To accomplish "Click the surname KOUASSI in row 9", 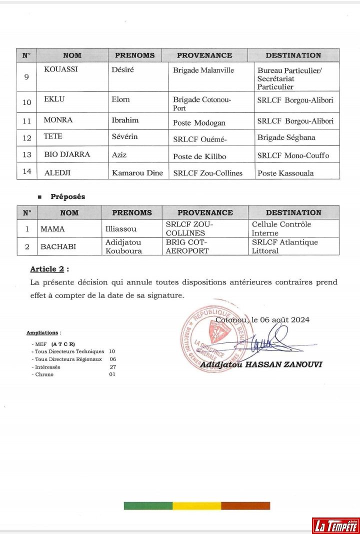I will [59, 69].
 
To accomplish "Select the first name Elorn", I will [120, 99].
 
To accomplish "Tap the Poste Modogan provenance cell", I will [199, 122].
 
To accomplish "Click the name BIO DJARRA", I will [67, 154].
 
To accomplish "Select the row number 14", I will [27, 171].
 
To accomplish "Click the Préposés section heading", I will [67, 196].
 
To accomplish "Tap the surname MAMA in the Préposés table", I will [52, 228].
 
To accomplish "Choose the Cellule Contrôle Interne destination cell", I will [281, 228].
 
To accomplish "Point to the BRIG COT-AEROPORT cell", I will [187, 246].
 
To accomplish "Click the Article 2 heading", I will [49, 269].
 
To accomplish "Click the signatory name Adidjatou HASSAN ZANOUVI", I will [260, 364].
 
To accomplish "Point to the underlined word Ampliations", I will [42, 332].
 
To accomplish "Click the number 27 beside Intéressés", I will [112, 366].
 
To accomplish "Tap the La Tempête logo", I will [335, 525].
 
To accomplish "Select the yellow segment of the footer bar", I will [197, 505].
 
